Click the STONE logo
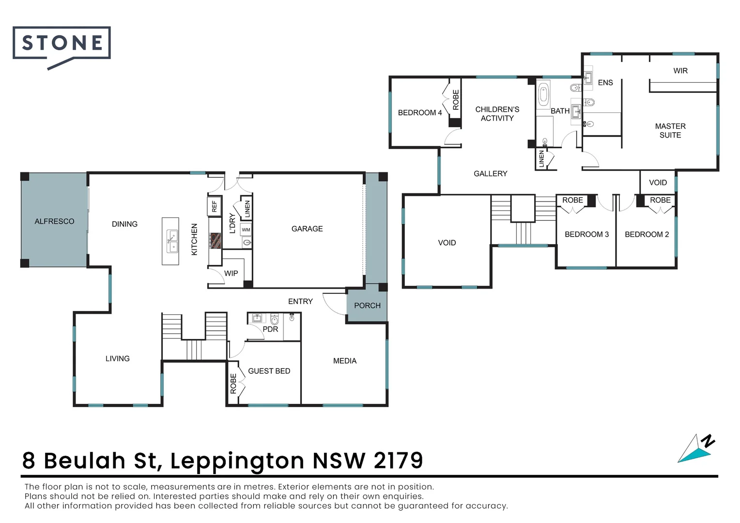tap(62, 44)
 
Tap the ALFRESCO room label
tap(54, 221)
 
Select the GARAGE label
tap(307, 229)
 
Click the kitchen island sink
tap(171, 241)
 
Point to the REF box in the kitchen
tap(215, 206)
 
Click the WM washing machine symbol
tap(246, 230)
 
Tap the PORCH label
tap(367, 306)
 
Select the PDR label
tap(270, 329)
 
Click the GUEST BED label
tap(269, 371)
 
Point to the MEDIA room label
tap(345, 361)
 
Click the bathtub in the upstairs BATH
tap(543, 94)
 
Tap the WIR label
tap(680, 71)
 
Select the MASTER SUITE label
tap(670, 131)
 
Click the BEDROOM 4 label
tap(420, 113)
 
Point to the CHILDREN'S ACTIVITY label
tap(497, 114)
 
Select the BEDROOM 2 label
tap(647, 234)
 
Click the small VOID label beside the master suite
tap(658, 183)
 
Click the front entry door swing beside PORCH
tap(333, 304)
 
